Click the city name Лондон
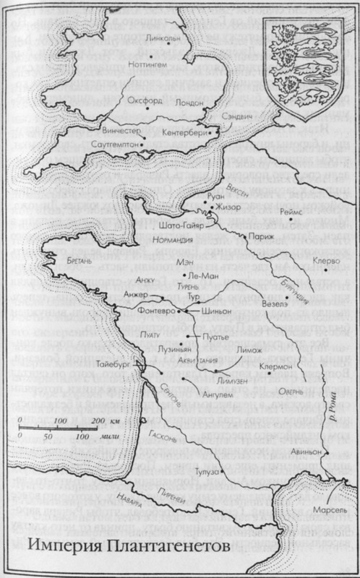point(189,103)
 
